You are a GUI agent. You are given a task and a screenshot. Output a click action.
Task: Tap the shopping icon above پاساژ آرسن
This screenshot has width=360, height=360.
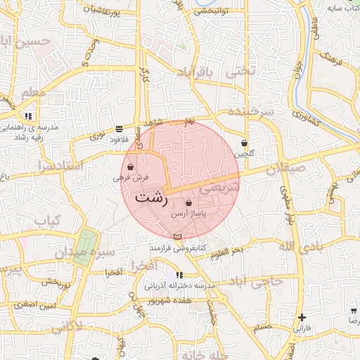coord(188,202)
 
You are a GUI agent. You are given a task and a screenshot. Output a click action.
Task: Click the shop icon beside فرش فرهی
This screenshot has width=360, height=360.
coord(131,167)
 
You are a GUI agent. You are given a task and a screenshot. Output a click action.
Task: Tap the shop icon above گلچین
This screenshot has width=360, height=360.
coord(244,143)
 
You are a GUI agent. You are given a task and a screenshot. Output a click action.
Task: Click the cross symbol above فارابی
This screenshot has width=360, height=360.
coord(302,318)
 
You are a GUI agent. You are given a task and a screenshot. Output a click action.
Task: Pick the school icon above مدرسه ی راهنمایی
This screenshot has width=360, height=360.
coord(28,115)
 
